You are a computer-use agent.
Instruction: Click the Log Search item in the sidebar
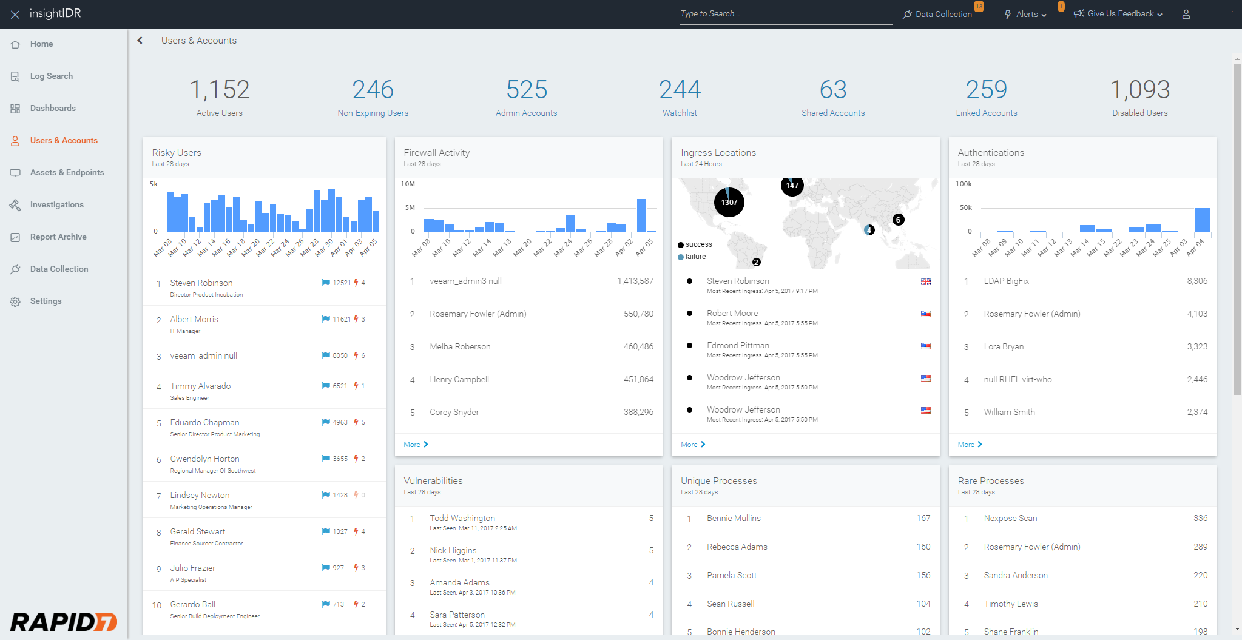tap(51, 76)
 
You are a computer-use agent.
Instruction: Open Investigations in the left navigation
tap(56, 204)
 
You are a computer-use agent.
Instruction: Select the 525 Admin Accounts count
tap(526, 90)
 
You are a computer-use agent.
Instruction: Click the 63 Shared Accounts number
tap(832, 90)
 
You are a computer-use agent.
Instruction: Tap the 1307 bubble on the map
tap(729, 203)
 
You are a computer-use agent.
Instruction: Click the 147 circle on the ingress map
tap(792, 186)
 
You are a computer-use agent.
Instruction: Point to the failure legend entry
tap(695, 257)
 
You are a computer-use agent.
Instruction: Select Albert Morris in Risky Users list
tap(194, 319)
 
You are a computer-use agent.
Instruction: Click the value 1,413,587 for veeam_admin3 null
tap(635, 281)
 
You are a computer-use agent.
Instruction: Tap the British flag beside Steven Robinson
tap(925, 281)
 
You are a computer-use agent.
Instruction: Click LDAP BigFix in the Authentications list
tap(1006, 281)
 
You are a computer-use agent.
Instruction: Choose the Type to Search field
tap(785, 14)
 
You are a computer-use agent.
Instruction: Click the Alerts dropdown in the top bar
tap(1031, 14)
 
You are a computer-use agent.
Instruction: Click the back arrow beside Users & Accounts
tap(140, 40)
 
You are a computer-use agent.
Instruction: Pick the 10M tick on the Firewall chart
tap(408, 184)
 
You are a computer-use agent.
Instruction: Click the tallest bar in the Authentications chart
tap(1202, 220)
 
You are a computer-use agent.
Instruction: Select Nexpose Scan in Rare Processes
tap(1010, 518)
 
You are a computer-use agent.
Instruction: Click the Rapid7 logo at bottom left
tap(64, 621)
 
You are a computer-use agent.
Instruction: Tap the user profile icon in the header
tap(1186, 14)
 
